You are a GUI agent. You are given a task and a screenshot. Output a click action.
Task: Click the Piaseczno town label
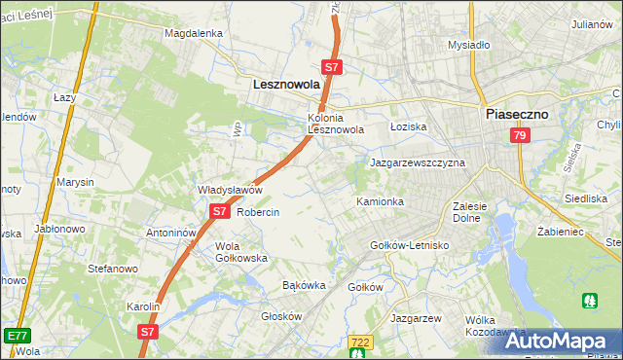click(516, 114)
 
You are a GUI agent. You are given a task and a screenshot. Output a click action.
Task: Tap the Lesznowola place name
click(286, 85)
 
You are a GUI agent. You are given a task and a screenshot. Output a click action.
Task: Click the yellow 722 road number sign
click(360, 342)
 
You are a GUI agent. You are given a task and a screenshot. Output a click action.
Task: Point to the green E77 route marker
click(16, 336)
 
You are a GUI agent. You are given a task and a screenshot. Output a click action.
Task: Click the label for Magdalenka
click(194, 32)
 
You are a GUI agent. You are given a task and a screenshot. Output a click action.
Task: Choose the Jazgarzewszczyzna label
click(417, 163)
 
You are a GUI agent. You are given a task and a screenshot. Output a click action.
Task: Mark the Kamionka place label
click(380, 201)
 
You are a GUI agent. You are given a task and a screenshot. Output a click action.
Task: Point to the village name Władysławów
click(231, 190)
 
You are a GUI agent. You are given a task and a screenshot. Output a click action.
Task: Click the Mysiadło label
click(468, 45)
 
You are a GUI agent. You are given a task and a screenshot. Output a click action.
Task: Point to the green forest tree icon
click(590, 302)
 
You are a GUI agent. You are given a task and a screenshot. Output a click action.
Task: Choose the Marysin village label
click(75, 182)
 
